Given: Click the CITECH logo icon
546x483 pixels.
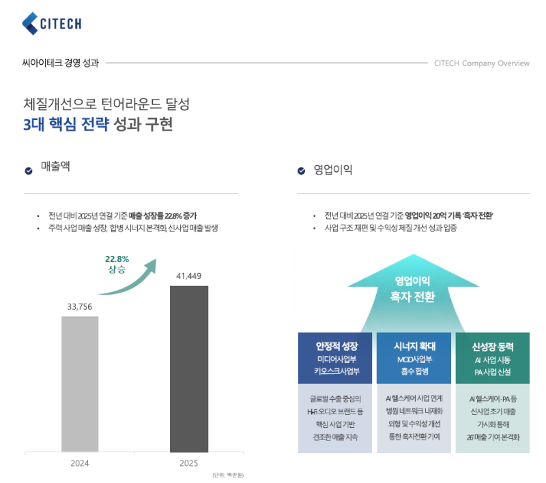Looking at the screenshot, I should pyautogui.click(x=31, y=23).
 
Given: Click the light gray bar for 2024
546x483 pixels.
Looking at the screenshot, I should pyautogui.click(x=80, y=383).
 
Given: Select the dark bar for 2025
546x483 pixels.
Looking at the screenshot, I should pyautogui.click(x=189, y=368).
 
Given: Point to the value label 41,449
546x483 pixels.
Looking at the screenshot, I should pyautogui.click(x=188, y=276).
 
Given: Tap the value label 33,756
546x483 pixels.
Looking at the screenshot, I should pyautogui.click(x=80, y=306).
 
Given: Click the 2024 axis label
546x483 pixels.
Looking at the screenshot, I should pyautogui.click(x=80, y=463).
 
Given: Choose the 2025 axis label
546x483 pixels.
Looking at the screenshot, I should pyautogui.click(x=188, y=463).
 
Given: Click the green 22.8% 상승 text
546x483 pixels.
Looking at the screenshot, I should pyautogui.click(x=117, y=264).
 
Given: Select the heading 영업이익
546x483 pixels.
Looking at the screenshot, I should pyautogui.click(x=332, y=170).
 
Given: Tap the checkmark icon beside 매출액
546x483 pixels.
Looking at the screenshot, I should pyautogui.click(x=29, y=171).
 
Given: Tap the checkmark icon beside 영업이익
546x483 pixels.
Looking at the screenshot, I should pyautogui.click(x=301, y=171).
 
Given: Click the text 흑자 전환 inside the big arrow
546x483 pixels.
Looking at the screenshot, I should pyautogui.click(x=412, y=297).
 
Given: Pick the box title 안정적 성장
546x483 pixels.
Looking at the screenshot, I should pyautogui.click(x=337, y=345).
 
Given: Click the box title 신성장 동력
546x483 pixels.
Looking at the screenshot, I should pyautogui.click(x=491, y=345).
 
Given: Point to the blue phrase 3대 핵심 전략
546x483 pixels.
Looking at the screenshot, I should pyautogui.click(x=66, y=125).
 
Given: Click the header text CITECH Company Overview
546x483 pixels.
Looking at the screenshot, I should pyautogui.click(x=481, y=63).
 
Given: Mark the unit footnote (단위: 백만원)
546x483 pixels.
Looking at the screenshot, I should pyautogui.click(x=228, y=475).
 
